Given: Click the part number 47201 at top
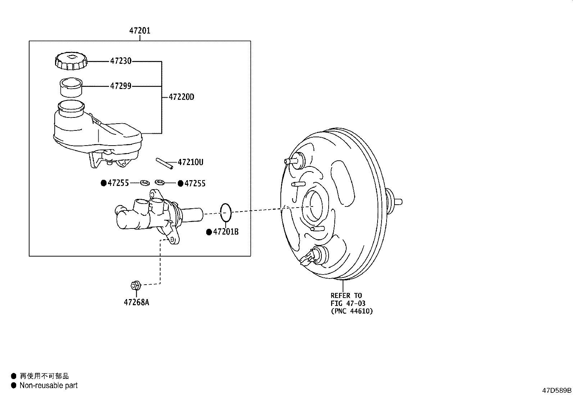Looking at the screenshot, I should tap(140, 31).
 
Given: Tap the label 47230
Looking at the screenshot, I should tap(121, 61).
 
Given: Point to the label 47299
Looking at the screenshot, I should tap(121, 86).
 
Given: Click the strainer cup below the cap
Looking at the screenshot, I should tap(71, 88).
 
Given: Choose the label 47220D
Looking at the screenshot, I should tap(181, 97).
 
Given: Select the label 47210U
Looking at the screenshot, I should tap(190, 163).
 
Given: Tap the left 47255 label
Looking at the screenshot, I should tap(118, 183).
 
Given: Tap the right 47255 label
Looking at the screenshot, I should tap(195, 184).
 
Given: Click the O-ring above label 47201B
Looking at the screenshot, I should tap(225, 213).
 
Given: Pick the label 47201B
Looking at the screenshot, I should tap(226, 232).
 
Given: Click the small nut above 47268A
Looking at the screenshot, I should tap(135, 285).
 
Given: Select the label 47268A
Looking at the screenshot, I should tap(136, 302).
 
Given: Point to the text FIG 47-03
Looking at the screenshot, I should tap(348, 303).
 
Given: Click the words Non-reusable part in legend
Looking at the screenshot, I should tap(49, 386).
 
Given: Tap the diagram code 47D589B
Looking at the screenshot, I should tap(557, 390).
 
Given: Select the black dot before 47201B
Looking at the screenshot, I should tap(209, 232).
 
